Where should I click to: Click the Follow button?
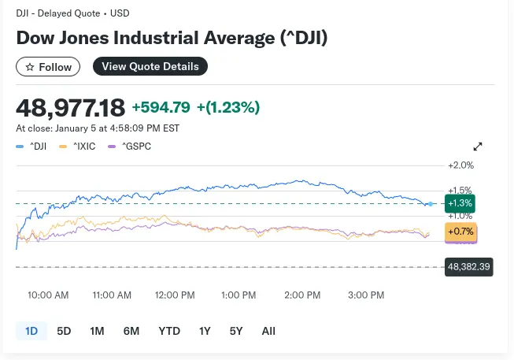click(x=48, y=67)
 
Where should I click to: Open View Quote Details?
click(x=150, y=67)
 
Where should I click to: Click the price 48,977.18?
click(x=70, y=106)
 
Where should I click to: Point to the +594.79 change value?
click(x=161, y=107)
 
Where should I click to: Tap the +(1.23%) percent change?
click(x=228, y=107)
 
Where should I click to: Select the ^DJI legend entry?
click(x=35, y=146)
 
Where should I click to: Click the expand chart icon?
click(x=478, y=147)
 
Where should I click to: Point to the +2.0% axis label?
click(x=460, y=165)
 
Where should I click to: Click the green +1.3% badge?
click(x=460, y=204)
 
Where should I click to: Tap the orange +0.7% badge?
click(x=460, y=232)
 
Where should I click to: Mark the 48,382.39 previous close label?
click(x=468, y=267)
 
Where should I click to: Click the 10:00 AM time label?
click(x=48, y=295)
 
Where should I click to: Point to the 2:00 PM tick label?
click(x=302, y=295)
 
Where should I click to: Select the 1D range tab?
click(x=31, y=331)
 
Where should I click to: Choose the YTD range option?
click(x=169, y=331)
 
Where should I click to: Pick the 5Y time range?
click(x=236, y=331)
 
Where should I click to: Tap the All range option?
click(x=268, y=331)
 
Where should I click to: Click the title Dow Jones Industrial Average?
click(x=172, y=38)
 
